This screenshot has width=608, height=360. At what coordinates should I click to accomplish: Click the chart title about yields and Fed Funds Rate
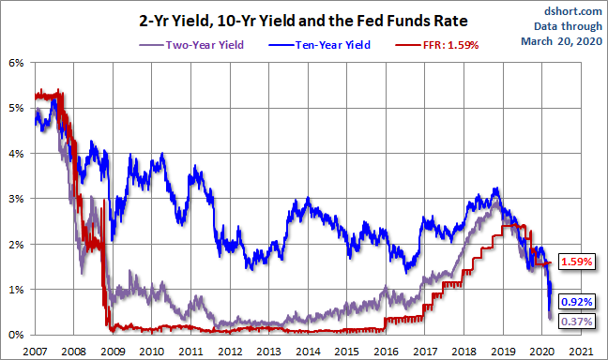303,21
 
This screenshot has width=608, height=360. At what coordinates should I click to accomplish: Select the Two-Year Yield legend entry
191,45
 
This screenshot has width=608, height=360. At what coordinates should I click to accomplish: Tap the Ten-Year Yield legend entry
320,45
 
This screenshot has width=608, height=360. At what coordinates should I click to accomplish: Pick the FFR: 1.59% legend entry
437,45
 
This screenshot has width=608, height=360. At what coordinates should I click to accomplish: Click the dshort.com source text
572,11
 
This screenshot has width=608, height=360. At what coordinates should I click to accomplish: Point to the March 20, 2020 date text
561,41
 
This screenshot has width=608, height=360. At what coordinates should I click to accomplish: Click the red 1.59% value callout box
577,262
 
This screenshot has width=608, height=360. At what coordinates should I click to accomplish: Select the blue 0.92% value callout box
577,302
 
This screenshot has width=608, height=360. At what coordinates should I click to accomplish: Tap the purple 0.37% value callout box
577,322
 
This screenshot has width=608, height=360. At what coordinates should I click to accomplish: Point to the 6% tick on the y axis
16,63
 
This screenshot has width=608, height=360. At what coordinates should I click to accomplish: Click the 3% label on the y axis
16,199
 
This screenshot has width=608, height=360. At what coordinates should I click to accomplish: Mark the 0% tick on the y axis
16,335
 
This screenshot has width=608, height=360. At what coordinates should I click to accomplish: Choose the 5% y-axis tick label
16,108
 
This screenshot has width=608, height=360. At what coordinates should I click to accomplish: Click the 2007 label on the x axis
35,352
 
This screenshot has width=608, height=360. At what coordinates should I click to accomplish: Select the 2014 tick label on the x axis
308,352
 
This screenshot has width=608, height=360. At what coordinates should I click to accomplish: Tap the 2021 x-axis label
581,352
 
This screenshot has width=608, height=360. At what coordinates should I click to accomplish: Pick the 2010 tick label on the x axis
152,352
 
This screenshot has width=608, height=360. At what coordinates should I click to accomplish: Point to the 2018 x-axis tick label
464,352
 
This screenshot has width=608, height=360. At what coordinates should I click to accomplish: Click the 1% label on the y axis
16,290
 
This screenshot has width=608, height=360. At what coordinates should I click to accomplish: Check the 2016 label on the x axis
387,352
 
